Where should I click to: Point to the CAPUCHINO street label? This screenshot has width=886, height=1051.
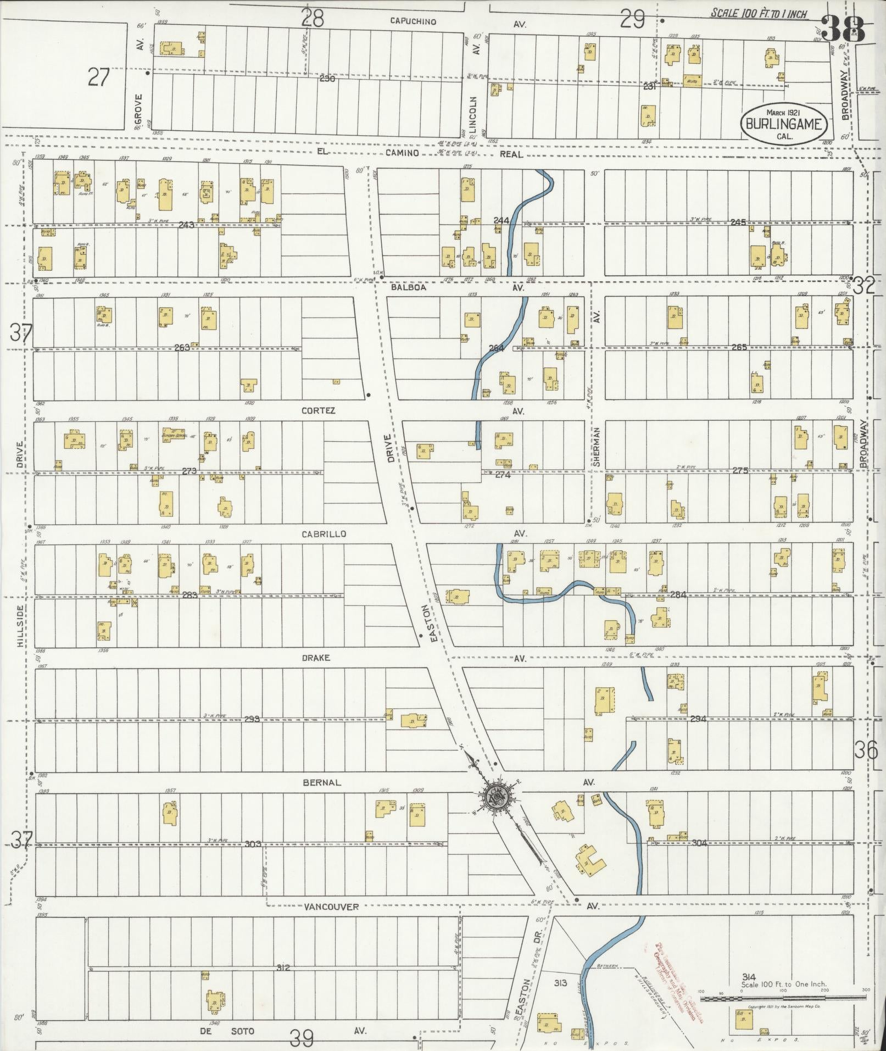click(x=413, y=21)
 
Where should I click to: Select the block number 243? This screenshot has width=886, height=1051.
click(x=186, y=224)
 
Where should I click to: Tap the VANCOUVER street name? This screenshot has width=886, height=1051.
click(x=331, y=907)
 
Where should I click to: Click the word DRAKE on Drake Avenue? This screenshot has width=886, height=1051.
click(x=316, y=658)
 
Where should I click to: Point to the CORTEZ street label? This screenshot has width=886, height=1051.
click(x=319, y=410)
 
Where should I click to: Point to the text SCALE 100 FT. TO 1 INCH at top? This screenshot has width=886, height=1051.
click(x=759, y=13)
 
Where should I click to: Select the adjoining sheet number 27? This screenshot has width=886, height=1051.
click(x=99, y=77)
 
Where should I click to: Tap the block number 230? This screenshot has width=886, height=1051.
click(x=327, y=79)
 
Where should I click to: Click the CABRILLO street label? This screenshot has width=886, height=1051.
click(x=324, y=533)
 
